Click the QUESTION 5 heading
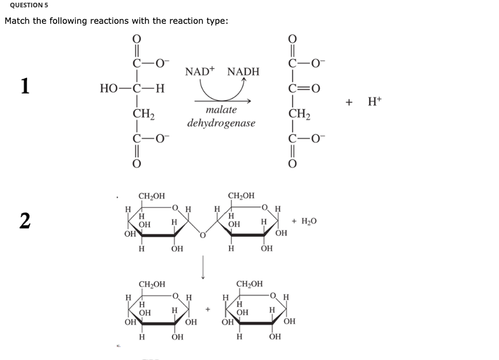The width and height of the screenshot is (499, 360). point(29,5)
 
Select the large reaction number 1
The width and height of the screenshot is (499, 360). point(25,85)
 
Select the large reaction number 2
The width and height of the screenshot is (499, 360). point(25,221)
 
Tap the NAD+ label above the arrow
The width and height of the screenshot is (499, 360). point(200,71)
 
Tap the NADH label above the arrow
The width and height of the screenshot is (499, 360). point(243,72)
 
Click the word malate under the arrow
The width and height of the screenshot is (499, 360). point(221,110)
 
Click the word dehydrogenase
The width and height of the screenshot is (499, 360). point(221,123)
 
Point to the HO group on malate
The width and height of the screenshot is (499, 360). point(109,88)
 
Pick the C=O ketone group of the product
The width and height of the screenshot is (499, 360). point(304,88)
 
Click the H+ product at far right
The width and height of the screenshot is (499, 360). point(375,101)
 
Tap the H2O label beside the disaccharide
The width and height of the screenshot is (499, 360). point(309,221)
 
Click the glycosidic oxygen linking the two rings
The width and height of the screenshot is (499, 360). point(203,235)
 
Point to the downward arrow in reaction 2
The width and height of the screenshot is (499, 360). point(203,267)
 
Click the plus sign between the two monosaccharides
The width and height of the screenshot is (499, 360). point(208,309)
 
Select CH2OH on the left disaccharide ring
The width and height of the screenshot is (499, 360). point(152,196)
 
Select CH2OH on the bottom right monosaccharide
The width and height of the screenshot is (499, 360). point(250,284)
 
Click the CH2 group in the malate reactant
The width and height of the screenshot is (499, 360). point(143,114)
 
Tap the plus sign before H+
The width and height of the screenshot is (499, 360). point(349,102)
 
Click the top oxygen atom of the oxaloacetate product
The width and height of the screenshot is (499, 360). point(292,39)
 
